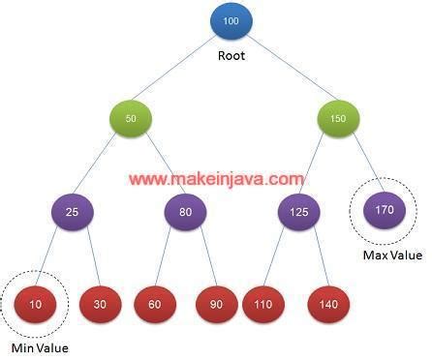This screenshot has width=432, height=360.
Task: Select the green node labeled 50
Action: (132, 118)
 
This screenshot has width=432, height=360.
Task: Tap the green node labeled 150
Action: (337, 118)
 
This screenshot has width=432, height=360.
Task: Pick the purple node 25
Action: (73, 210)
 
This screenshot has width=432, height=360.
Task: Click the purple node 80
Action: (185, 210)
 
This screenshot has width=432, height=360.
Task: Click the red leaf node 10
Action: (36, 304)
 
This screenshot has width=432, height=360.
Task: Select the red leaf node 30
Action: (99, 304)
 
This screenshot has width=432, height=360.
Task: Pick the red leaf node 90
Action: (215, 304)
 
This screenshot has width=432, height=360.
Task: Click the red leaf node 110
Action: (262, 304)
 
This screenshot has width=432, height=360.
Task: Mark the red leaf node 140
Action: (328, 304)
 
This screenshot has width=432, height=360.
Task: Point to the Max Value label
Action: (392, 255)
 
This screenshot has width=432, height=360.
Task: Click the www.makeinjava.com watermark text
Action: (216, 178)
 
